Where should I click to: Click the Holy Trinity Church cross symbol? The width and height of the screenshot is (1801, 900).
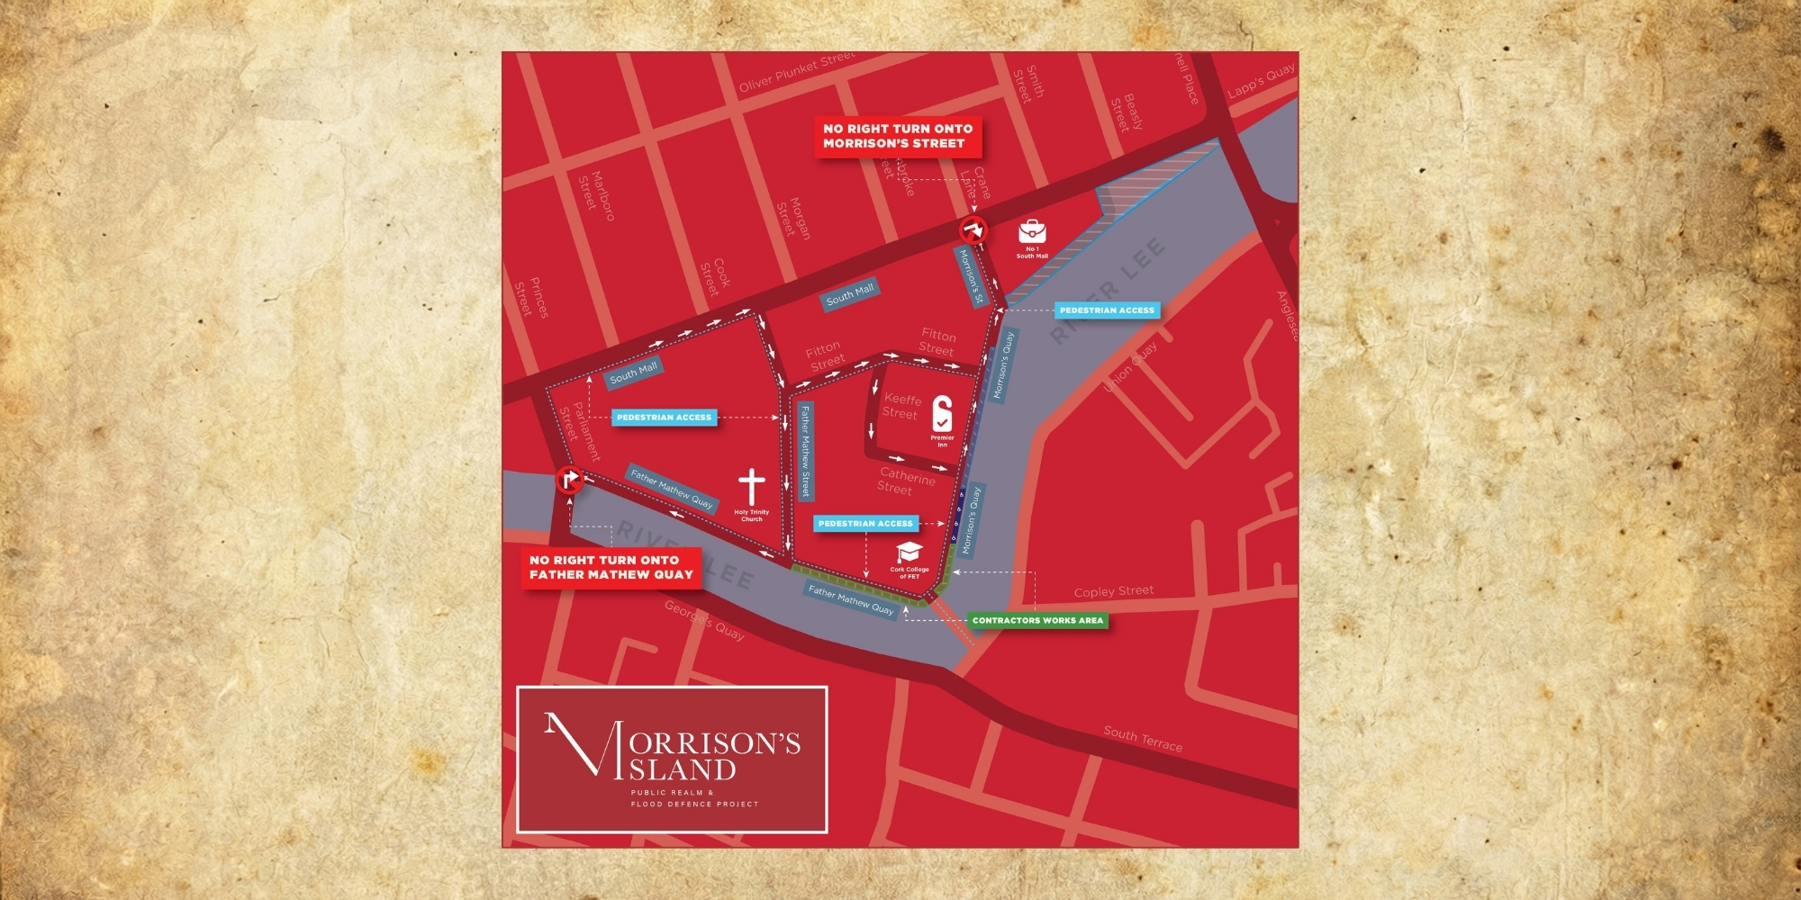(752, 487)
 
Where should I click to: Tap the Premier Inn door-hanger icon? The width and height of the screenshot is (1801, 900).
(942, 413)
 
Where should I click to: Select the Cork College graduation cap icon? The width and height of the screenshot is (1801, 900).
(910, 552)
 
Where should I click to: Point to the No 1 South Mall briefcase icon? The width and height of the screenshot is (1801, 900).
(1032, 231)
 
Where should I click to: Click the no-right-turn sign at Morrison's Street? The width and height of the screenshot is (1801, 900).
(973, 231)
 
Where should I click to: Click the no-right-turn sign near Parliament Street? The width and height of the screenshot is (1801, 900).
(569, 479)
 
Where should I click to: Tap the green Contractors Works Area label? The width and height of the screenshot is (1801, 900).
(1037, 620)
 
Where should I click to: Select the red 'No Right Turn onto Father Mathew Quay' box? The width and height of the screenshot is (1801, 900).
(611, 567)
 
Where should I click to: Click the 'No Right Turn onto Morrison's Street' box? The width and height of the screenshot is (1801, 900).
(898, 136)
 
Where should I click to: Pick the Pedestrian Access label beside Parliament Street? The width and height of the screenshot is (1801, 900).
(665, 418)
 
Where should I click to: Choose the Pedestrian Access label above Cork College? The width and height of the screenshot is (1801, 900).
(865, 523)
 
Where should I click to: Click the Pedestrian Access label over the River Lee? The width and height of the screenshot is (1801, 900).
(1107, 310)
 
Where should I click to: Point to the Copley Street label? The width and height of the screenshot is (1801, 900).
(1114, 591)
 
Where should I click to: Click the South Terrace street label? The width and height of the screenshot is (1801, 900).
(1143, 739)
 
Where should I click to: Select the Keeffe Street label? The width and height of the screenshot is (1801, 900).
(901, 406)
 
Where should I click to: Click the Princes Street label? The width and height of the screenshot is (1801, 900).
(531, 297)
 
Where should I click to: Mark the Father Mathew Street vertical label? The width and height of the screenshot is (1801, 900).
(806, 451)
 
